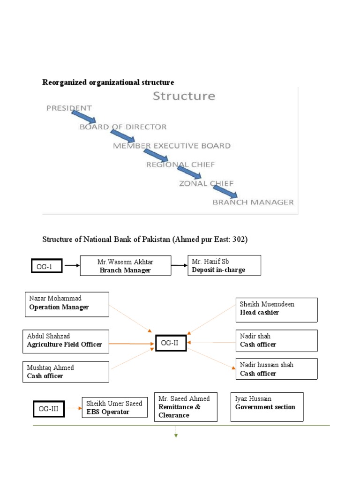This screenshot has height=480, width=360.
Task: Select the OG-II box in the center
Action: click(170, 343)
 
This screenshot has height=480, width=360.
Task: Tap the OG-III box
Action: click(49, 408)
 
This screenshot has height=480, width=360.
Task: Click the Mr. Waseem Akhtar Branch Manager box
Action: click(125, 266)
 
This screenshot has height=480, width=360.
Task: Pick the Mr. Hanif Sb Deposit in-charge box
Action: click(224, 265)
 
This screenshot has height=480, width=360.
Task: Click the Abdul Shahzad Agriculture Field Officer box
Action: click(66, 341)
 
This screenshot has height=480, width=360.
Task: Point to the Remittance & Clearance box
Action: click(186, 407)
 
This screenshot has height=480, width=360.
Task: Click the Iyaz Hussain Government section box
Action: click(267, 406)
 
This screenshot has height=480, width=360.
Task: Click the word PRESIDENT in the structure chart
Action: click(68, 108)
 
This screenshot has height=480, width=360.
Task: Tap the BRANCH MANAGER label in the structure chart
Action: click(253, 202)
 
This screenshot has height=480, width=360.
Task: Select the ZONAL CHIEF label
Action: click(206, 183)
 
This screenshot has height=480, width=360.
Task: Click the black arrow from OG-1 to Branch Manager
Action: click(71, 265)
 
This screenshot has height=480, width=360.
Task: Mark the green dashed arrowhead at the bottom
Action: click(176, 435)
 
